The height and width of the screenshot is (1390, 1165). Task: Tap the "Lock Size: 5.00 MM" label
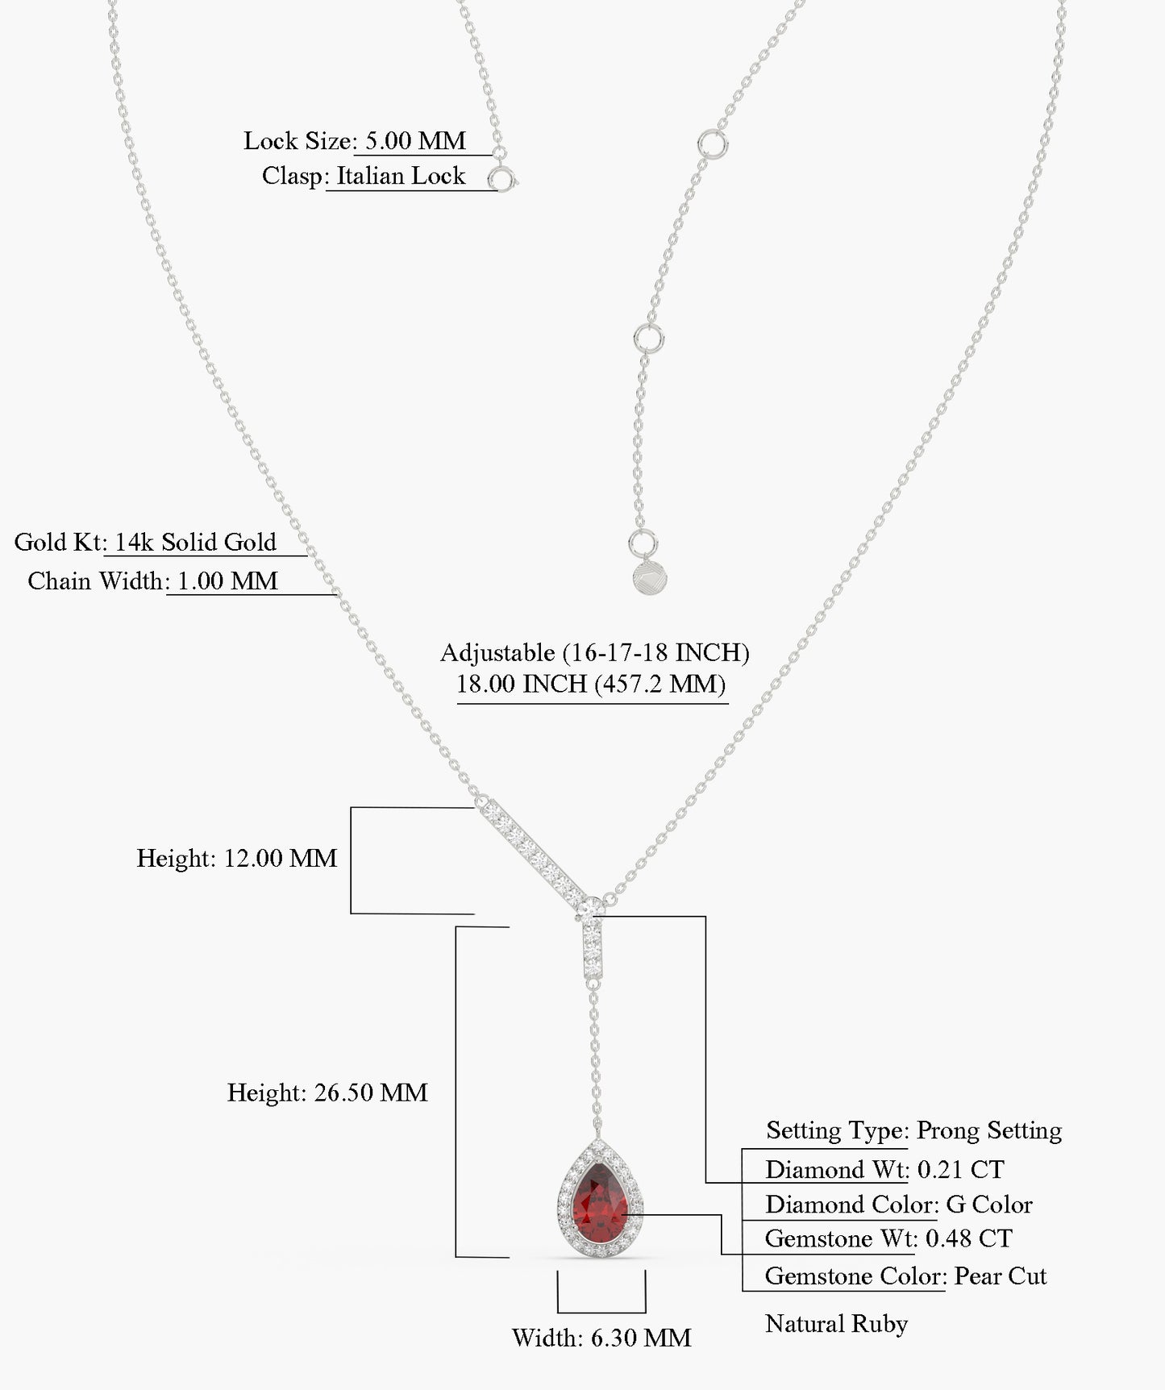[355, 141]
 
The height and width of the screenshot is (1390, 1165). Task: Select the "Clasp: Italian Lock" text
[364, 176]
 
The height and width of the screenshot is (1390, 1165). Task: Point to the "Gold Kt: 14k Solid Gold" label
[145, 542]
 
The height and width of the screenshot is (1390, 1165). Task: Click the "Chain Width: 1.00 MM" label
[152, 581]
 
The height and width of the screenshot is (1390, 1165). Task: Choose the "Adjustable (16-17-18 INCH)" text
[595, 652]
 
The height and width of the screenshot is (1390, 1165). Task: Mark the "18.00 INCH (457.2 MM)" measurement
[591, 684]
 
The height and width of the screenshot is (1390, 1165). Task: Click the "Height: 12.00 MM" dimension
[237, 858]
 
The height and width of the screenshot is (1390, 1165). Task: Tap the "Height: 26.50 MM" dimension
[327, 1092]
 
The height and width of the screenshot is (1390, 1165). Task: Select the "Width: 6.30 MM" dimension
[601, 1338]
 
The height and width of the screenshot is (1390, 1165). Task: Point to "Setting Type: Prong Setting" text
[913, 1130]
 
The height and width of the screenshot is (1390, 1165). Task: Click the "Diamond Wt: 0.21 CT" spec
[884, 1169]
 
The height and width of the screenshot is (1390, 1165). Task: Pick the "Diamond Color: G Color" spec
[899, 1205]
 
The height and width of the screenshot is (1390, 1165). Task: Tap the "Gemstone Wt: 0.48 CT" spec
[888, 1238]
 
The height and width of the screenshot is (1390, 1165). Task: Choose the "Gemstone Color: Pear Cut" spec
[906, 1276]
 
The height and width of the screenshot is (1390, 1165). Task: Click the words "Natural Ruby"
[836, 1324]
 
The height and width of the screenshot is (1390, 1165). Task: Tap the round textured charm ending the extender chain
[651, 578]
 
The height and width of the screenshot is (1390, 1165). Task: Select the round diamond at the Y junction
[592, 908]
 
